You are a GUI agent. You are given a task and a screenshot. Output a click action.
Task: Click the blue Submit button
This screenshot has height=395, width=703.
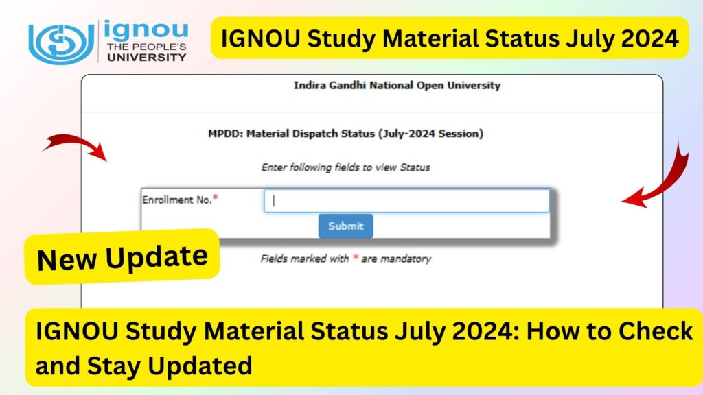pyautogui.click(x=345, y=226)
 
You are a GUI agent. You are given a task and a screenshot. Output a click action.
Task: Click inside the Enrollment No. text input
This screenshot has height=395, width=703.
pyautogui.click(x=406, y=201)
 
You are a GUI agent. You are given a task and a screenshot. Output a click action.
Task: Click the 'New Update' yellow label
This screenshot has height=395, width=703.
pyautogui.click(x=122, y=257)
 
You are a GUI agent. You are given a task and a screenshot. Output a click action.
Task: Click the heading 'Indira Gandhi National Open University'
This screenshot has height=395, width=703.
pyautogui.click(x=397, y=86)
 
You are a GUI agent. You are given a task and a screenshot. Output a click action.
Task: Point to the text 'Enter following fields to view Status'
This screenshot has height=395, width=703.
pyautogui.click(x=345, y=167)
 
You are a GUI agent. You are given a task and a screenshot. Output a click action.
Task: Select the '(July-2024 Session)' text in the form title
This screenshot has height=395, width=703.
pyautogui.click(x=430, y=134)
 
